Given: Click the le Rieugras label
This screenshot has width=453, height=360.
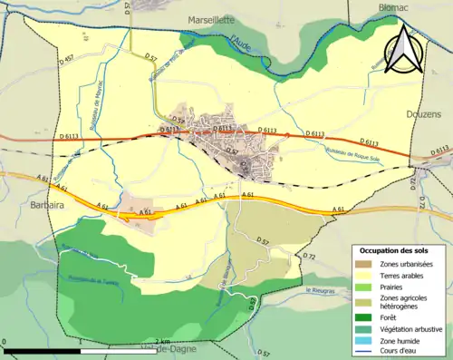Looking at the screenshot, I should [321, 290].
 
